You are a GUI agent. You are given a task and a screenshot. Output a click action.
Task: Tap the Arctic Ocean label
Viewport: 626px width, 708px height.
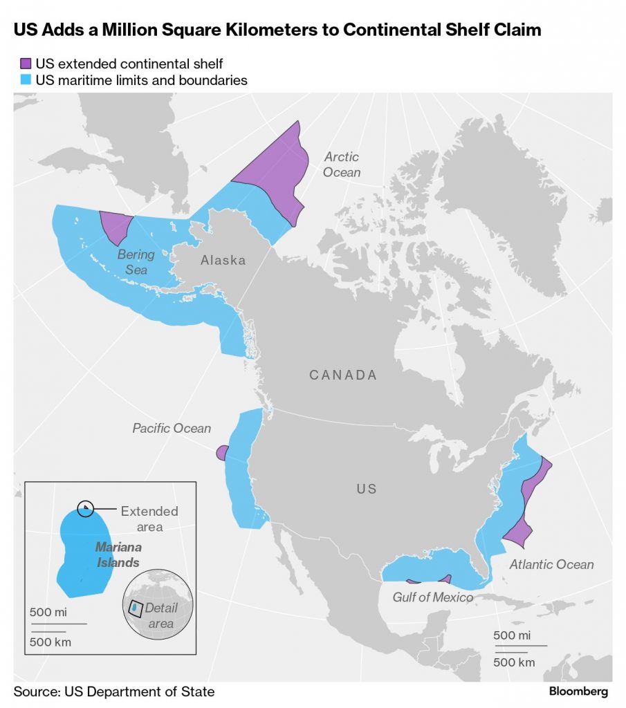tap(342, 165)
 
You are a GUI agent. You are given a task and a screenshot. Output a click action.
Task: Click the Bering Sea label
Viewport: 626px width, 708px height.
tap(136, 262)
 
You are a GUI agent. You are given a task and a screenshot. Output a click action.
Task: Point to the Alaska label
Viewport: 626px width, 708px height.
tap(223, 261)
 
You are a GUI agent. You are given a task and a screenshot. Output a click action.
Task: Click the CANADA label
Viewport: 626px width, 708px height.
tap(343, 375)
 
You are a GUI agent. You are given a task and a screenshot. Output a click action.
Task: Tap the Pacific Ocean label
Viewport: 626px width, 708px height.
tap(172, 429)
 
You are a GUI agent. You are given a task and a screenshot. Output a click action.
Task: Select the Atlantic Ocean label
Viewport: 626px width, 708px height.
tap(551, 565)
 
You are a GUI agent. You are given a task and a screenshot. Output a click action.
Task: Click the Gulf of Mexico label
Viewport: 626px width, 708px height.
tap(433, 597)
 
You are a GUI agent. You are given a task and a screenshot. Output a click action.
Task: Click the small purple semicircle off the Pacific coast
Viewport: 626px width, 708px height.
tap(221, 454)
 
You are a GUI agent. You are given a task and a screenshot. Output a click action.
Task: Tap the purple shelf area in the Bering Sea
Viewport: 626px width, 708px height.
tap(115, 227)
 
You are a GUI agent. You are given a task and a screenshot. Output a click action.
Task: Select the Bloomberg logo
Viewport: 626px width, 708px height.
tap(578, 691)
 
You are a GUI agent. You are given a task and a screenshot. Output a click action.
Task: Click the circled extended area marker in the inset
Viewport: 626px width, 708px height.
tap(85, 509)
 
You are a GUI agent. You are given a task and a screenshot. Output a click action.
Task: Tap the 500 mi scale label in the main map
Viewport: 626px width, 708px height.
tap(512, 636)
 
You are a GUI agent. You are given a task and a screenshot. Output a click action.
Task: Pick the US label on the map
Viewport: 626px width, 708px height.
tap(367, 489)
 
